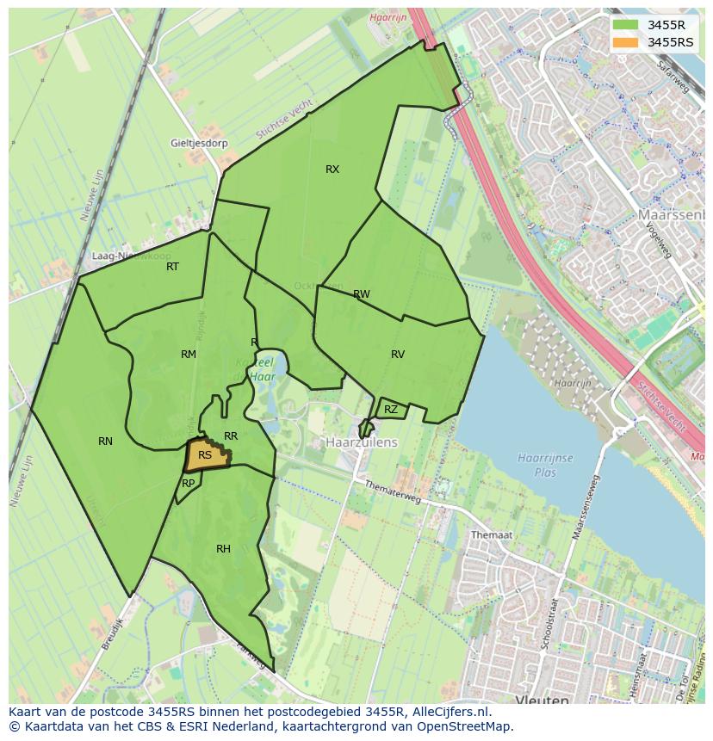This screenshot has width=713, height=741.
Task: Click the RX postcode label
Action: point(332,170)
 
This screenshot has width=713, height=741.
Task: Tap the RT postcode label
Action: point(173,267)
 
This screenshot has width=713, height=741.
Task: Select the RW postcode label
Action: point(362,294)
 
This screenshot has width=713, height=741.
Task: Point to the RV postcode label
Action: point(398,355)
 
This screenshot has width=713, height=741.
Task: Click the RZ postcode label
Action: point(391,410)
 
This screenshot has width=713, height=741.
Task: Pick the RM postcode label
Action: point(189,355)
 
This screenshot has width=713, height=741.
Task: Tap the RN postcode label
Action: point(105,442)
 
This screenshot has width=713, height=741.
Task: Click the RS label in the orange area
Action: point(205,455)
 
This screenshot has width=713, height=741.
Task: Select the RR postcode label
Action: point(231,436)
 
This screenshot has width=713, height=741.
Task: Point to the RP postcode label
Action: point(189,484)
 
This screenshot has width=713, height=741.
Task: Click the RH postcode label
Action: point(223,549)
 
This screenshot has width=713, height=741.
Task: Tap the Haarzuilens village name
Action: point(362,442)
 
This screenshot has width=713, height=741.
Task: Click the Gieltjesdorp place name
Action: point(199,143)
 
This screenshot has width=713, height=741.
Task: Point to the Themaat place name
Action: point(492,534)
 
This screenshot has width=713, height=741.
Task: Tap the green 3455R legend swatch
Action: point(626,25)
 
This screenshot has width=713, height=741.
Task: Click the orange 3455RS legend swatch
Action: point(626,42)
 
